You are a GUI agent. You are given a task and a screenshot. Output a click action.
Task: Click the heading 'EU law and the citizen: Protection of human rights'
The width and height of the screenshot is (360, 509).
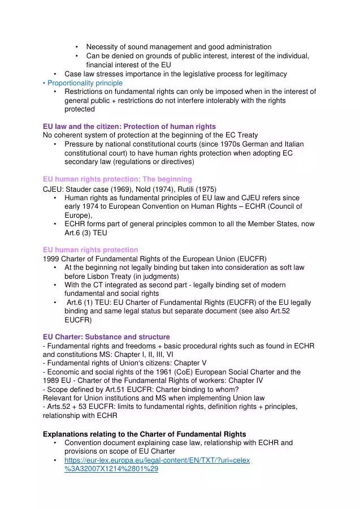coord(129,126)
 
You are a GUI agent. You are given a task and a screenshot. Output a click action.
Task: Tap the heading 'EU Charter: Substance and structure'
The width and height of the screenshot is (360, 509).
coord(106,337)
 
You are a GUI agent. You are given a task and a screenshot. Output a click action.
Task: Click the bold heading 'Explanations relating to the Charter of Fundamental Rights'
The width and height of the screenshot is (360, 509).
coord(145,434)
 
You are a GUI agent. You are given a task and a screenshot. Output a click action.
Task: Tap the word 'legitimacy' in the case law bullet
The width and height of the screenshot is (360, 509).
coord(269,74)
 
